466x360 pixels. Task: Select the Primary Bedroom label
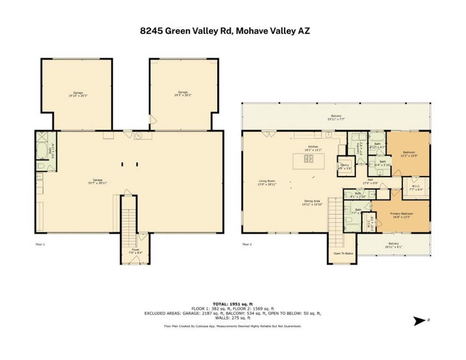coord(401,215)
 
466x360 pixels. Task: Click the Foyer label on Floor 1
coord(135,251)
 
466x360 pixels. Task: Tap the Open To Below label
coord(343,253)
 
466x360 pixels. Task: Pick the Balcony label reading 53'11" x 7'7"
coord(336,117)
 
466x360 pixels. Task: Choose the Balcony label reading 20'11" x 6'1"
coord(393,245)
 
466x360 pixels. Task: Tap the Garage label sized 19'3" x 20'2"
coord(183,94)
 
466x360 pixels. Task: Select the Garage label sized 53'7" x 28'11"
coord(97,181)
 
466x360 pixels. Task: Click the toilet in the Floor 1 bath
coord(40,166)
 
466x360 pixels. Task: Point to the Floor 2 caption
coord(246,244)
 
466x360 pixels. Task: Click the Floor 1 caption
coord(40,244)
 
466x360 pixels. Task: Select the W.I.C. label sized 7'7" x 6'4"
coord(416,188)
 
